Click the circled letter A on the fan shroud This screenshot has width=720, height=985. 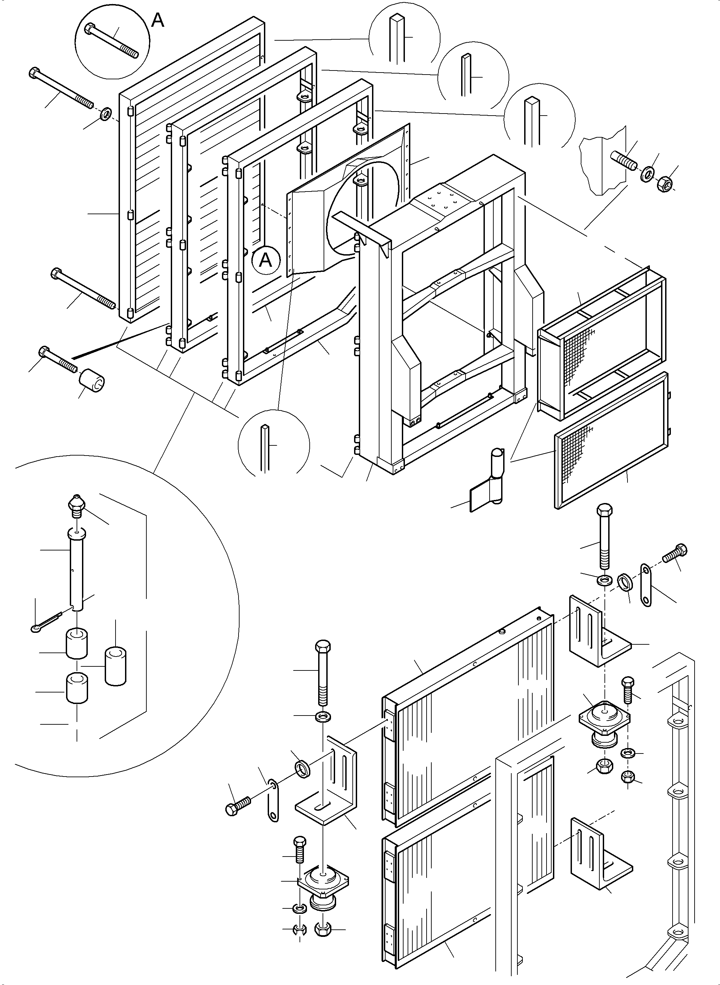point(265,260)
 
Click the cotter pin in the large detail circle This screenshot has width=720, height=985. point(45,622)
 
